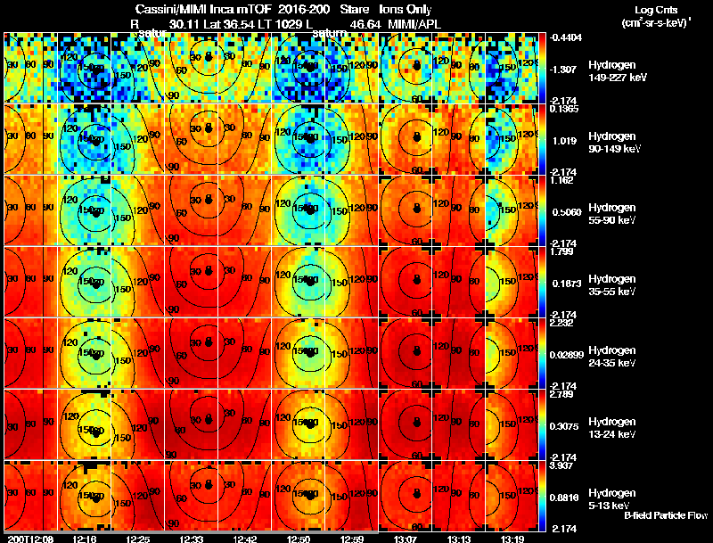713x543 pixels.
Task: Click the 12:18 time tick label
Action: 85,539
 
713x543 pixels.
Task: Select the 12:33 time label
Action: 192,539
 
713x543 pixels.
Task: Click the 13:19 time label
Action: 512,539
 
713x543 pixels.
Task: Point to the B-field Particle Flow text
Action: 665,515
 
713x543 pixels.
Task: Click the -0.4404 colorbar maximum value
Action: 567,37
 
